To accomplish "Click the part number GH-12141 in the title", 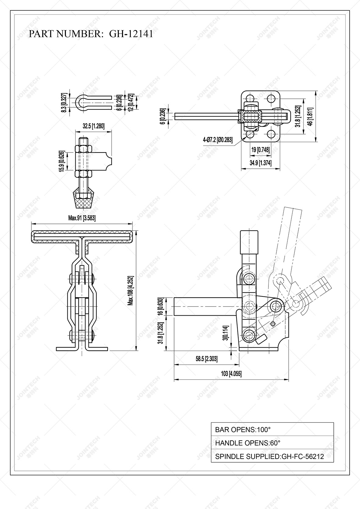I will coord(131,34).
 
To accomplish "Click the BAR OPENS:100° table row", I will coord(272,429).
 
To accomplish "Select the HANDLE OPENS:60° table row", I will coord(272,443).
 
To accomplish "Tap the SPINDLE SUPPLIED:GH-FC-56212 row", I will coord(272,457).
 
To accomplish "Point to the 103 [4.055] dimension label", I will coord(231,374).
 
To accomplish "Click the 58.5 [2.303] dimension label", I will coord(207,359).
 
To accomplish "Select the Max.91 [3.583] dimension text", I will coord(82,218).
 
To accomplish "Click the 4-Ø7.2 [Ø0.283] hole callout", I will coord(218,140).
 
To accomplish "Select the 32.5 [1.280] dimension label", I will coord(93,126).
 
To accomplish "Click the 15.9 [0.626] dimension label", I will coord(62,161).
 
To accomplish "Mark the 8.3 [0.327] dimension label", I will coord(64,103).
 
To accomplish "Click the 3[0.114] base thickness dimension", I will coord(225,333).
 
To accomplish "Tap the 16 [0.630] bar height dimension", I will coord(160,306).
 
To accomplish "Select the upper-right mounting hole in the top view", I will coord(271,99).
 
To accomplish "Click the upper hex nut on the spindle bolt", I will coord(83,149).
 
